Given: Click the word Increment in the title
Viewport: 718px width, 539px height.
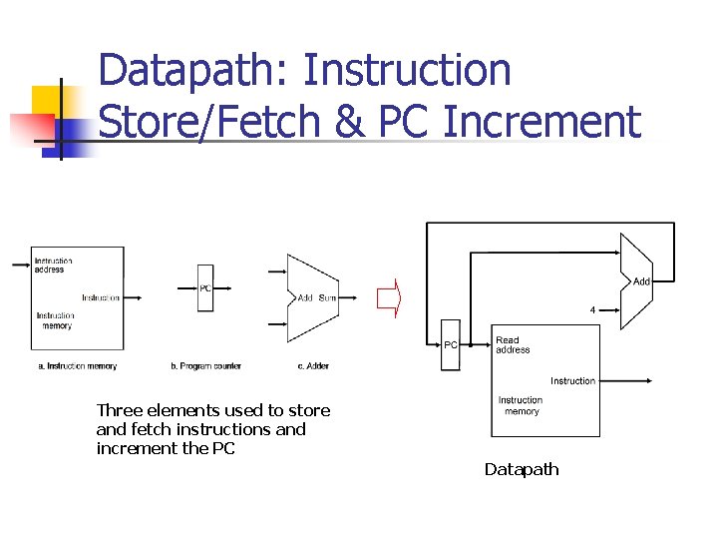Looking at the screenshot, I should click(540, 122).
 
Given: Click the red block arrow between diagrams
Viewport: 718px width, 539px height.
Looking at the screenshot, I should click(388, 297).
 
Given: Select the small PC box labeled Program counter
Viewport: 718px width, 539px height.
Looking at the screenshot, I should click(204, 288).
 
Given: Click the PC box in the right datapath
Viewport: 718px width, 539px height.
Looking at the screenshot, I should click(451, 345).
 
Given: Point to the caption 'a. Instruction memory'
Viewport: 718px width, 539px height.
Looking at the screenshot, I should click(78, 366).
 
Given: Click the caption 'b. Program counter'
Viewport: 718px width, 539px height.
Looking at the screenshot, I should click(205, 366).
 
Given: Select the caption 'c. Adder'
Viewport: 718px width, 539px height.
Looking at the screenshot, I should click(313, 366).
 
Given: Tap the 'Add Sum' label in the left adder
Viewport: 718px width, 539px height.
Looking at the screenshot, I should click(317, 298).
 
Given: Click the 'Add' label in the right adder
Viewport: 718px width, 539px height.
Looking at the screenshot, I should click(641, 281).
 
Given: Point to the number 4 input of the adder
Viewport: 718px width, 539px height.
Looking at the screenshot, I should click(593, 309).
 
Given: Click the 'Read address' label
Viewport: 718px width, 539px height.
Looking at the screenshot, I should click(513, 345).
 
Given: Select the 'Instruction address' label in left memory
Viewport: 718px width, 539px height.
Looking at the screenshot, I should click(53, 265).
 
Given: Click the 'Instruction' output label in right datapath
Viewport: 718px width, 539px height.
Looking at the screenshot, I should click(572, 380).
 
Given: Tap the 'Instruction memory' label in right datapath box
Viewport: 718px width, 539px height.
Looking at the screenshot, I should click(521, 405).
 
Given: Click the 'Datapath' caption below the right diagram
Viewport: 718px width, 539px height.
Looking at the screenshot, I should click(522, 469).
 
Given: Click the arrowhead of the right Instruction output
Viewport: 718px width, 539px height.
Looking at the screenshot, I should click(648, 380).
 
